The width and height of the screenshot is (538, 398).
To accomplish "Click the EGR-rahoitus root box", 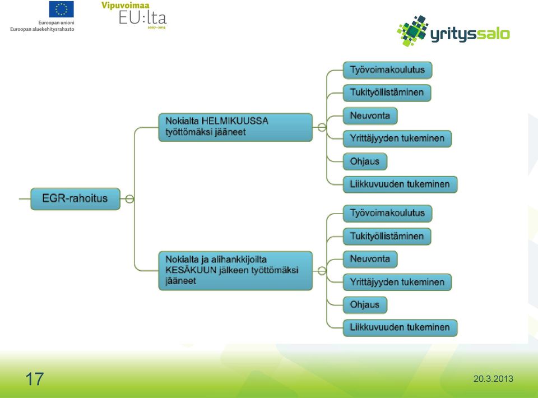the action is click(x=76, y=198).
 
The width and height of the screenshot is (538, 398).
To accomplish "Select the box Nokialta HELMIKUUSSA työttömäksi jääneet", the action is click(x=235, y=127).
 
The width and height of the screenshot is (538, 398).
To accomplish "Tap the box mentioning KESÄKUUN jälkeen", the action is click(x=235, y=270).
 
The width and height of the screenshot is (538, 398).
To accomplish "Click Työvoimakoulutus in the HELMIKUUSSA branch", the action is click(x=387, y=70).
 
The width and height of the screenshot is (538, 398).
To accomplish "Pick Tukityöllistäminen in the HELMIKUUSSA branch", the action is click(x=387, y=92).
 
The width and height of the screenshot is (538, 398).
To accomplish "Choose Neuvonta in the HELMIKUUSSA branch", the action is click(x=370, y=115).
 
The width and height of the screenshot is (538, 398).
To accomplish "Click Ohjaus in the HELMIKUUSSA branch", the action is click(x=365, y=161).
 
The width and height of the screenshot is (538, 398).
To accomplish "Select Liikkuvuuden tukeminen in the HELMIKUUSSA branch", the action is click(x=400, y=184).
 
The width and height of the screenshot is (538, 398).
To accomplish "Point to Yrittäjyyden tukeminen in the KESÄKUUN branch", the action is click(x=397, y=282).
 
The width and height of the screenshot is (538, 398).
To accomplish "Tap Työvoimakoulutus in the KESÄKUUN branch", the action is click(x=387, y=213).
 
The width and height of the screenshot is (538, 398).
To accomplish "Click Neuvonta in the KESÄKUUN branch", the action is click(x=370, y=259).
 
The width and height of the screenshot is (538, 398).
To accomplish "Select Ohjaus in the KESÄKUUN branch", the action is click(x=365, y=305).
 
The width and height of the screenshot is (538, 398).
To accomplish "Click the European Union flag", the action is click(x=62, y=10).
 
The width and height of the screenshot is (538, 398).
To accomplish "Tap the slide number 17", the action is click(x=35, y=379).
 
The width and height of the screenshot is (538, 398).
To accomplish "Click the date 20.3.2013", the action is click(x=493, y=379).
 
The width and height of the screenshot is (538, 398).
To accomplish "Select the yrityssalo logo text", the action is click(x=470, y=34).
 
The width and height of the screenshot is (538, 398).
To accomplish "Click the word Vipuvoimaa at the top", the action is click(x=125, y=6).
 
